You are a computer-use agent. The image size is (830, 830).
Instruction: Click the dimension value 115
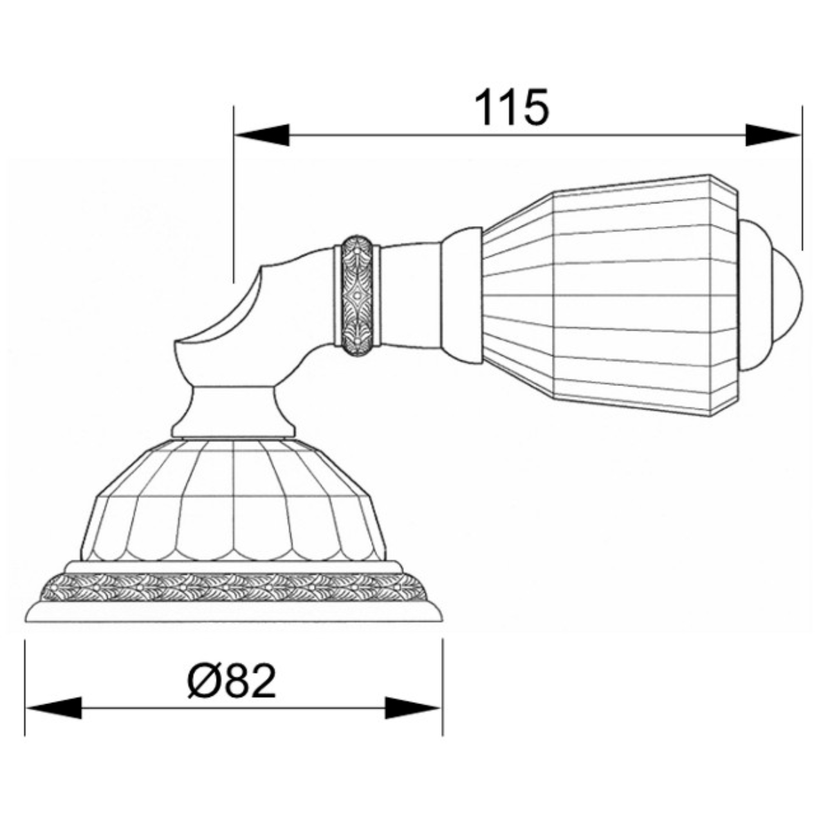pyautogui.click(x=512, y=107)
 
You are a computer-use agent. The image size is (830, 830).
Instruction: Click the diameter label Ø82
pyautogui.click(x=232, y=683)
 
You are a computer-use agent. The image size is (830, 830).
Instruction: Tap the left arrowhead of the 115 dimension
pyautogui.click(x=261, y=135)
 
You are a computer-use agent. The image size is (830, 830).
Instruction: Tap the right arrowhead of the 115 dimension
pyautogui.click(x=773, y=135)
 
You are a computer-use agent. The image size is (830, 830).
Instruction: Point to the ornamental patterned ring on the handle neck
pyautogui.click(x=357, y=296)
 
